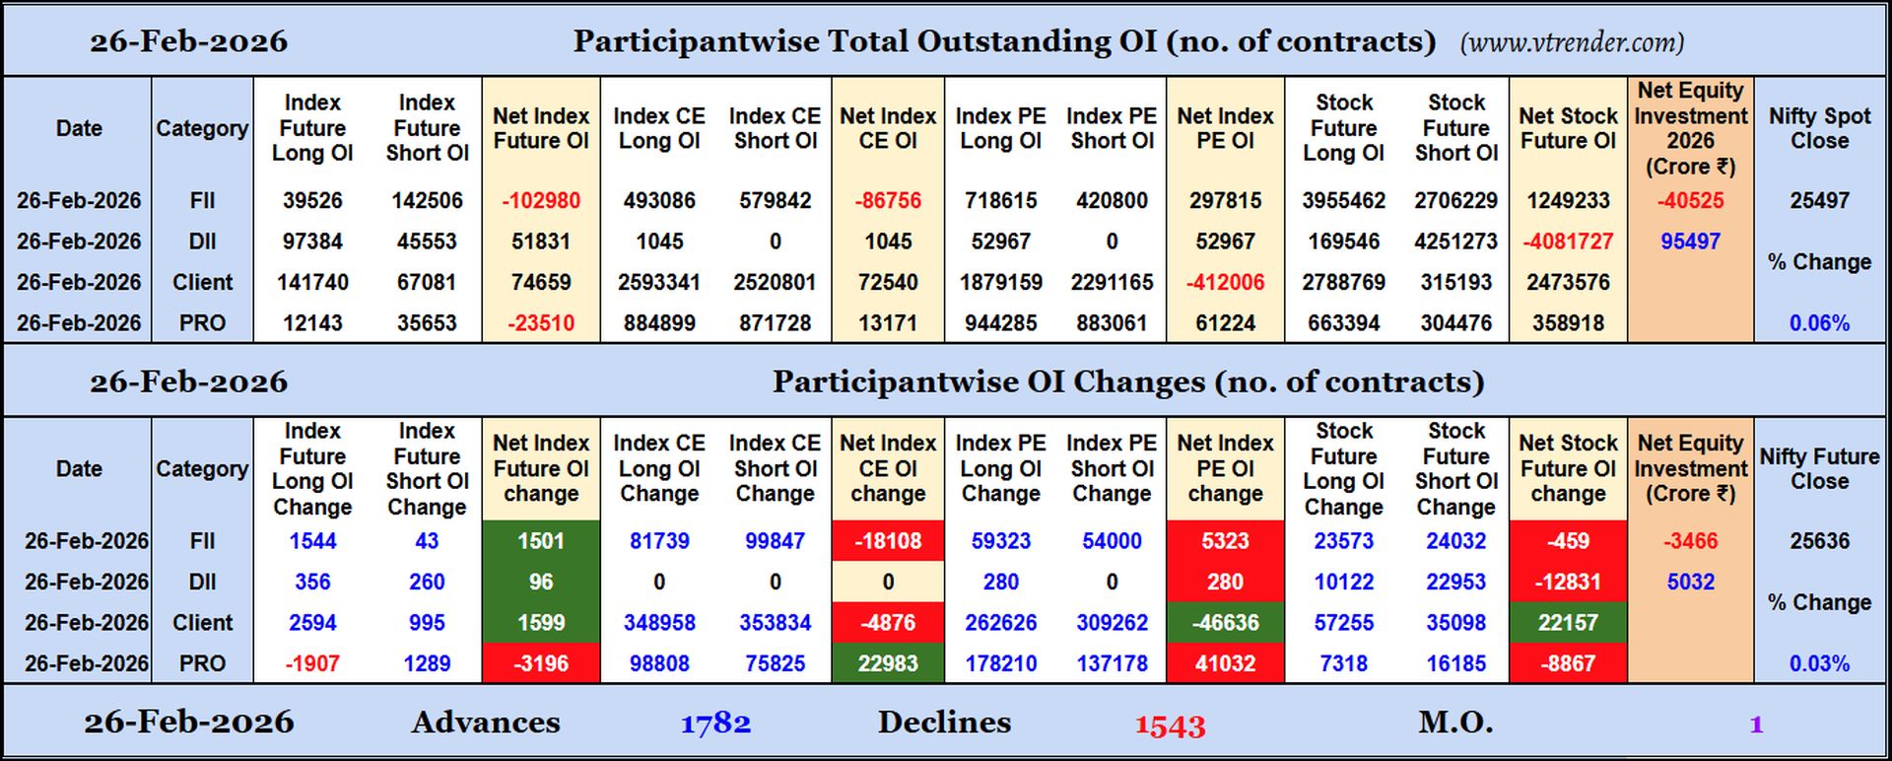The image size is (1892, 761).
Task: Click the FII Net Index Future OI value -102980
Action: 540,200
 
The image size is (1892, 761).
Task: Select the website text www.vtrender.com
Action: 1572,42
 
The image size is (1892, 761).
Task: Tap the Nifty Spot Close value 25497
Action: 1819,200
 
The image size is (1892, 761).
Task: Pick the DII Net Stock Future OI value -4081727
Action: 1567,242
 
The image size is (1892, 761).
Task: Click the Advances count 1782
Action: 715,724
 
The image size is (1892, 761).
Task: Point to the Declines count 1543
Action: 1170,726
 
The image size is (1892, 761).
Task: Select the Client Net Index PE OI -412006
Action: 1225,282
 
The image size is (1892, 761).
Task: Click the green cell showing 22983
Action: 888,663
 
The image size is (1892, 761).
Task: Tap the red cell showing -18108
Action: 888,541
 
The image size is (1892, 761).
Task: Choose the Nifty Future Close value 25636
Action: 1819,541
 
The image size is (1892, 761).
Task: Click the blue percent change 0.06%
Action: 1819,323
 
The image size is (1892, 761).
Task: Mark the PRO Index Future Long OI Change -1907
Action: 312,663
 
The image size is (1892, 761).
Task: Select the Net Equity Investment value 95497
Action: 1690,242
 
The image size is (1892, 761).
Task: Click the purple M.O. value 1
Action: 1755,725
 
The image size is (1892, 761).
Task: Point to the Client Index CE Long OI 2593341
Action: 658,282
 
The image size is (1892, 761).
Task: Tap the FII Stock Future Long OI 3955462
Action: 1343,200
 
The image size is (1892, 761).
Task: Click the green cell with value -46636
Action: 1225,623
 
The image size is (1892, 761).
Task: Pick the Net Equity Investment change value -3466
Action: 1690,541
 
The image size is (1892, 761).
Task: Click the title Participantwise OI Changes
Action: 1127,381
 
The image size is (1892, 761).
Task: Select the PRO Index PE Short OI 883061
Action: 1112,323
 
